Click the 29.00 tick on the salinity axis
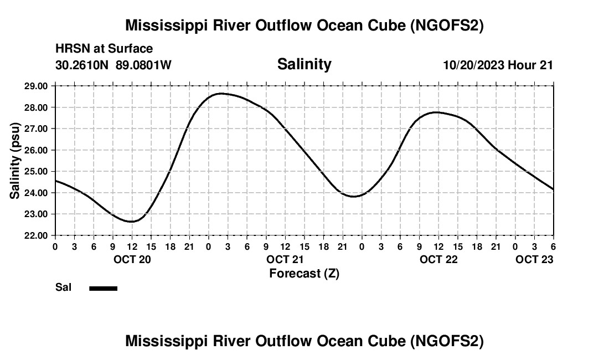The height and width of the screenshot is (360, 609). pyautogui.click(x=36, y=86)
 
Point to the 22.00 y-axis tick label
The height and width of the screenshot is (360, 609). pyautogui.click(x=36, y=235)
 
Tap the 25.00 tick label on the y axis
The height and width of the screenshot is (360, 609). pyautogui.click(x=36, y=171)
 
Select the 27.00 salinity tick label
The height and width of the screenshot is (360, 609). pyautogui.click(x=36, y=128)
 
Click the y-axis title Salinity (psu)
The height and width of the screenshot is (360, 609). pyautogui.click(x=15, y=161)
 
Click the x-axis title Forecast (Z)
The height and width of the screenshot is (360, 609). pyautogui.click(x=304, y=273)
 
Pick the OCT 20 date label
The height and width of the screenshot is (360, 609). pyautogui.click(x=132, y=259)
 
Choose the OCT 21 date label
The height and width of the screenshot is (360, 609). pyautogui.click(x=285, y=259)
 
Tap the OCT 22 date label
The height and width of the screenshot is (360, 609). pyautogui.click(x=438, y=259)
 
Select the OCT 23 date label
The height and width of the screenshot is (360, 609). pyautogui.click(x=534, y=259)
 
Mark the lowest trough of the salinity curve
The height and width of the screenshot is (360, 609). pyautogui.click(x=132, y=222)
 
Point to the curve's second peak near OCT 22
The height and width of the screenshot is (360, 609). pyautogui.click(x=437, y=112)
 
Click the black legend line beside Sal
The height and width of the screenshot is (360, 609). pyautogui.click(x=103, y=288)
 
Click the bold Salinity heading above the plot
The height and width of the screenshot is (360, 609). pyautogui.click(x=304, y=64)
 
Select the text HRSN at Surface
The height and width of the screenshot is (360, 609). pyautogui.click(x=104, y=49)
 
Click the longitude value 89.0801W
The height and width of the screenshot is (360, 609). pyautogui.click(x=143, y=65)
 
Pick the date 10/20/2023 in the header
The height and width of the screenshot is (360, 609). pyautogui.click(x=473, y=65)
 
